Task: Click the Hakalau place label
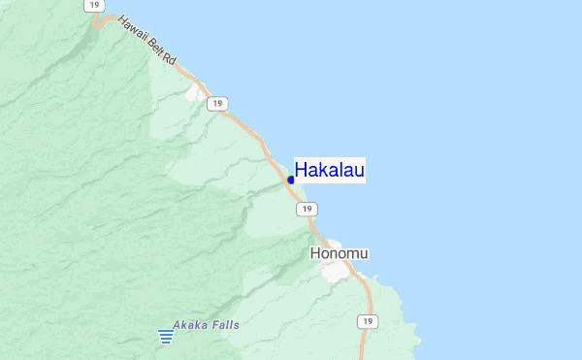click(330, 171)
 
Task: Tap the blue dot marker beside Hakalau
click(291, 180)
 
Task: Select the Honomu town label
click(339, 253)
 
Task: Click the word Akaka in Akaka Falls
click(190, 325)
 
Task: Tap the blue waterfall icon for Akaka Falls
click(166, 337)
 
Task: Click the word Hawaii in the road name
click(133, 30)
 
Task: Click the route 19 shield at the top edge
click(93, 5)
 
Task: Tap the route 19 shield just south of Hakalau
click(307, 209)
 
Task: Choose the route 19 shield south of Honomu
click(366, 321)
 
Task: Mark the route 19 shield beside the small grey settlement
click(219, 102)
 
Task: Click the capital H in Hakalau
click(301, 171)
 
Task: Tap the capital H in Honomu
click(315, 253)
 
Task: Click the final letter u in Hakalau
click(359, 171)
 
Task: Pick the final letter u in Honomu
click(364, 253)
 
